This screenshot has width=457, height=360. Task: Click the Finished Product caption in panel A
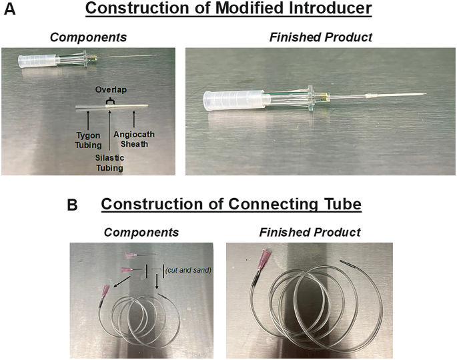[320, 37]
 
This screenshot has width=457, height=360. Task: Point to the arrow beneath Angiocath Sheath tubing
[135, 118]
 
